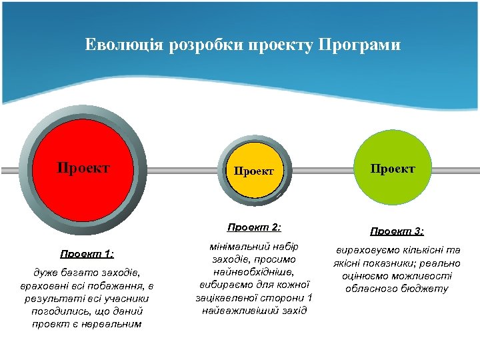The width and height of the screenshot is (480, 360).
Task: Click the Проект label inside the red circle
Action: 83,167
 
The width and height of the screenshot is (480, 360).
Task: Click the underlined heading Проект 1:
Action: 87,253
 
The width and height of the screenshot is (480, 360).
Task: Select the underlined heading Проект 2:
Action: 254,227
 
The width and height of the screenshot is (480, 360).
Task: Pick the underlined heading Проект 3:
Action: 397,231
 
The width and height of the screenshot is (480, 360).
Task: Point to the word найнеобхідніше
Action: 254,272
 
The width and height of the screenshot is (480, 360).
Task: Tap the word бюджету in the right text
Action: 425,289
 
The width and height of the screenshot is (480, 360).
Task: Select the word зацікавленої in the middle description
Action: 225,297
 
